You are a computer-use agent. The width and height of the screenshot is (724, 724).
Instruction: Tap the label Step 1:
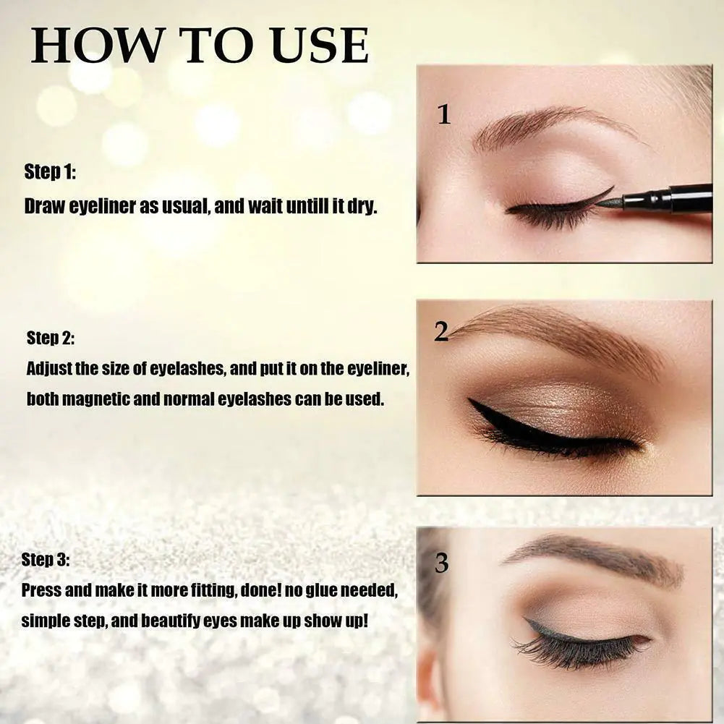(x=50, y=171)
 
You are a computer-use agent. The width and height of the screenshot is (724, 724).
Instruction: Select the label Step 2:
(x=51, y=338)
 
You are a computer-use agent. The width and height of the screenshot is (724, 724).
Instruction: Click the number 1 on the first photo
(x=444, y=114)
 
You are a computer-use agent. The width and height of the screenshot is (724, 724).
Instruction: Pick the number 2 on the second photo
(x=441, y=331)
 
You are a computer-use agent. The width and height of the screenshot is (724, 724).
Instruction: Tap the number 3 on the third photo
(x=441, y=563)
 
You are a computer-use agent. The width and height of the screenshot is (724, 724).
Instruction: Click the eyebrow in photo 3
(x=593, y=557)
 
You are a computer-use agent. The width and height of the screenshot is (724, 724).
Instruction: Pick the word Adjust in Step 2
(x=48, y=369)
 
